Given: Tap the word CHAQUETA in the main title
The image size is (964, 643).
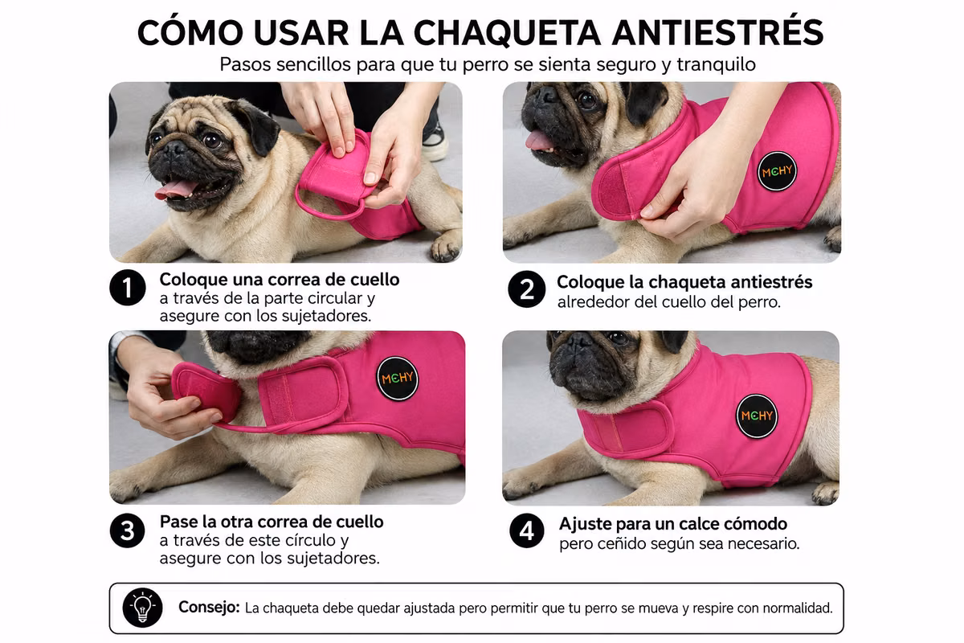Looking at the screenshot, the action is (507, 33).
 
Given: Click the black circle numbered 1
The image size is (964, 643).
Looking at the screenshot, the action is (128, 288).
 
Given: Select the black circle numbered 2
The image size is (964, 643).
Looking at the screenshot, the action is (526, 289).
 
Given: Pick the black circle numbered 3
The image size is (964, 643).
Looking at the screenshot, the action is (128, 530).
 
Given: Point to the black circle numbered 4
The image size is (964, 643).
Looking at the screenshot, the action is (527, 530).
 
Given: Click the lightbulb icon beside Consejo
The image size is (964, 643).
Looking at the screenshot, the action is (142, 608).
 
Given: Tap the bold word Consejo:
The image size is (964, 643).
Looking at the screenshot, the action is (209, 608).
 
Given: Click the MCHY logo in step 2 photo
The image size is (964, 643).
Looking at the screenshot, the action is (777, 171).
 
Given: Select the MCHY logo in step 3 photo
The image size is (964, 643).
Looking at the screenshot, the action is (397, 379).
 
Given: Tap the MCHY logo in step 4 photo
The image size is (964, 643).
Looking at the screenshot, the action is (757, 416).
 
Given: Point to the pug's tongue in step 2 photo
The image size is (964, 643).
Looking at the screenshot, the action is (538, 141).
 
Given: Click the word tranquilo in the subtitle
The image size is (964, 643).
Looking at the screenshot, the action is (716, 65).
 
